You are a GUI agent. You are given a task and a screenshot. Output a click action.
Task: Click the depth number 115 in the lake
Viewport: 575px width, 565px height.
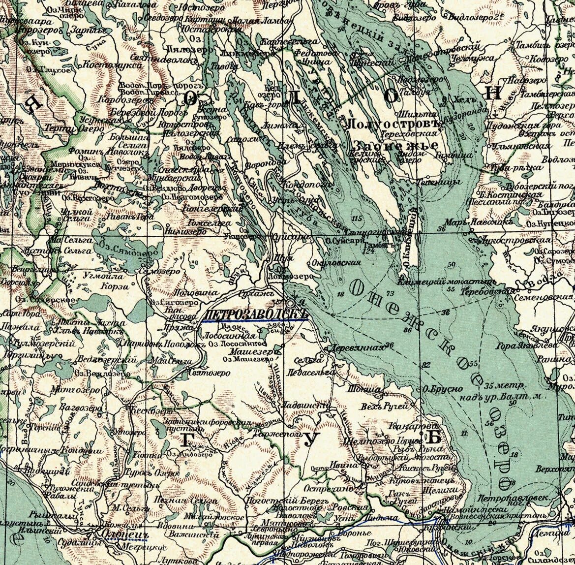(x=357, y=218)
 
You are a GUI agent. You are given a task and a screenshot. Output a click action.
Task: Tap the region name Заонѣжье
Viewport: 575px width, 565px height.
(x=395, y=146)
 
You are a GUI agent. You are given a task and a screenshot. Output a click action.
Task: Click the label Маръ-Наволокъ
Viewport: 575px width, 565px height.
(x=469, y=222)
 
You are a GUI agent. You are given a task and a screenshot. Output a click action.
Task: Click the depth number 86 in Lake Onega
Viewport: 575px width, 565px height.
(x=406, y=330)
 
